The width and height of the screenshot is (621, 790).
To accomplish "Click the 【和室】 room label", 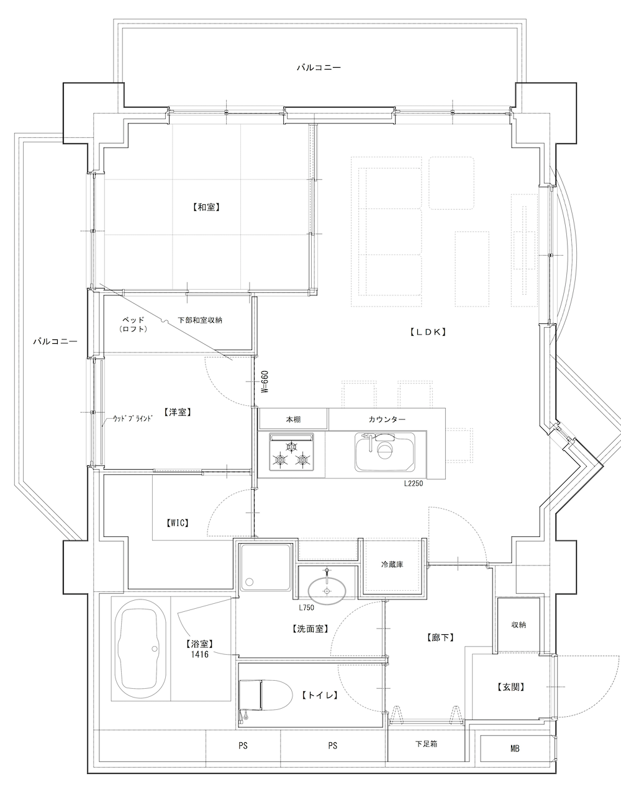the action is (x=206, y=207).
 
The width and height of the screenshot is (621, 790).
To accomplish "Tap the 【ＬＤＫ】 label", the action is (x=428, y=331).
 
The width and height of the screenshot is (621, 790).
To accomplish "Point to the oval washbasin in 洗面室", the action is (x=327, y=591).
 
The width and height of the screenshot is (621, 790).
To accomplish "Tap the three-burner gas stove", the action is (x=291, y=451).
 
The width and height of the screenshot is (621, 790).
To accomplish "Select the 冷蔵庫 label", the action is (x=392, y=565).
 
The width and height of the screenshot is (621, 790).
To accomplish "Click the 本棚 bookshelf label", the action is (x=293, y=419).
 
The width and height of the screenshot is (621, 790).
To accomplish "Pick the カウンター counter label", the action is (x=387, y=419).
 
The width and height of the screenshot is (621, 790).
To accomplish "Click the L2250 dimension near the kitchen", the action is (x=414, y=484).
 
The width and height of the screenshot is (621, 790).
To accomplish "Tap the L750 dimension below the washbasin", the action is (x=306, y=608).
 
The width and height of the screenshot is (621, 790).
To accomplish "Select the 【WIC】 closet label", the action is (x=178, y=523).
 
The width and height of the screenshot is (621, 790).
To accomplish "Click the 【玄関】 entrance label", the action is (x=510, y=687).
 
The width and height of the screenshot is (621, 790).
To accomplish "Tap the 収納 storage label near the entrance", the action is (x=519, y=624).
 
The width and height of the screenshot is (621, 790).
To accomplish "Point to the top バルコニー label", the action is (x=319, y=68).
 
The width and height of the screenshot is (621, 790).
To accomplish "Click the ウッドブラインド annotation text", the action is (x=132, y=418).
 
